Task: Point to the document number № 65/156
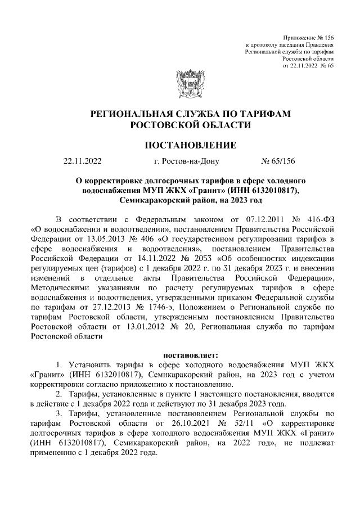pyautogui.click(x=278, y=162)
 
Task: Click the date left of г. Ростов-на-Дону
pyautogui.click(x=82, y=162)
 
